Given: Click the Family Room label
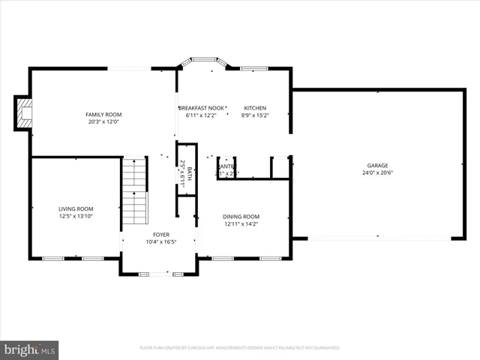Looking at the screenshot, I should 103,114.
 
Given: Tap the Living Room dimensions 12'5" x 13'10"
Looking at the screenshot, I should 76,217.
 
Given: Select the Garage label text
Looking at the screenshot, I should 377,165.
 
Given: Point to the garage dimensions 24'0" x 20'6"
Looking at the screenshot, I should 377,172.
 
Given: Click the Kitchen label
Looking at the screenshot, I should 253,108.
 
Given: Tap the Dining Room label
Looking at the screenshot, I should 241,217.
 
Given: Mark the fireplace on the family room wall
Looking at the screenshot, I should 23,113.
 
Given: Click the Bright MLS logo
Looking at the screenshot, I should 30,349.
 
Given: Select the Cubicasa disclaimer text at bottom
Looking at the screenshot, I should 240,348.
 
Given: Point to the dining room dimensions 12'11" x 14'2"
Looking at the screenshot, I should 241,224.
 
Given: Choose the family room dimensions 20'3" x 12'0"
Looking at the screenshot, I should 103,121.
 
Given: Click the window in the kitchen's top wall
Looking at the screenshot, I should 254,69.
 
